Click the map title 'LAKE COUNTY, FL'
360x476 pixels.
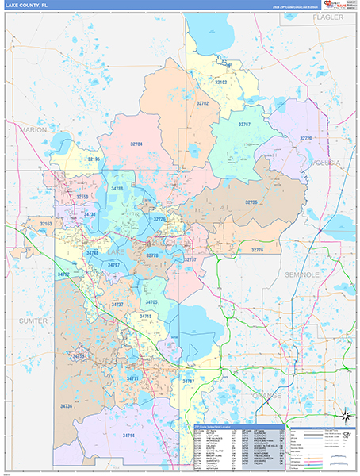pos(28,6)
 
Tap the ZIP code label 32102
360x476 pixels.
pos(221,83)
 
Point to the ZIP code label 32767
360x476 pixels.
pos(244,125)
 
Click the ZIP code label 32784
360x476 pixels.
pos(136,144)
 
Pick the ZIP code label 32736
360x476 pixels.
pos(252,202)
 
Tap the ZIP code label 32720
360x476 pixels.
pos(306,139)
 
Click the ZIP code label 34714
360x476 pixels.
pos(129,436)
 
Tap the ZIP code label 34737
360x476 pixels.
pos(118,305)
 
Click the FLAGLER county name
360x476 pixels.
pos(327,17)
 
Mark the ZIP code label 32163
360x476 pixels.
pos(47,225)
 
